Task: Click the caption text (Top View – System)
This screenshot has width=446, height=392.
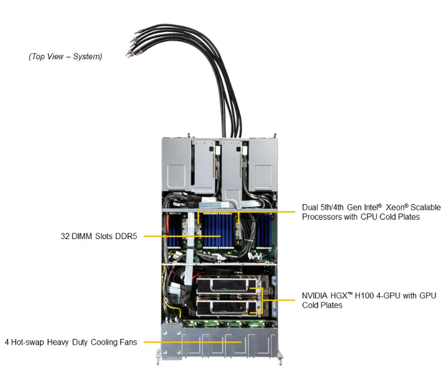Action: point(66,57)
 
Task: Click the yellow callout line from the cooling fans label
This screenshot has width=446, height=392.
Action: point(187,342)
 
